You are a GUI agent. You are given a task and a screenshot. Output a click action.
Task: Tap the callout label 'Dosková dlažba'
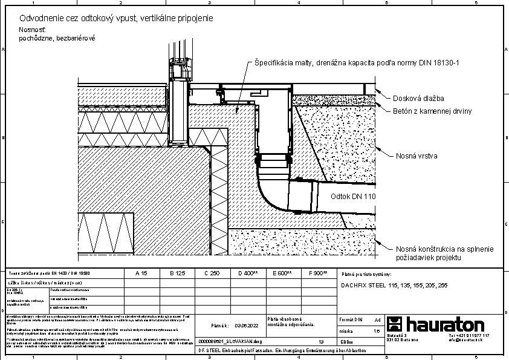click(418, 98)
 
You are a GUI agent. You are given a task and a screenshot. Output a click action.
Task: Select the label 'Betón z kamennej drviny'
click(432, 111)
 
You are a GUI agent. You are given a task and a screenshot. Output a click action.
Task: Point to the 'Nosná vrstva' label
click(417, 156)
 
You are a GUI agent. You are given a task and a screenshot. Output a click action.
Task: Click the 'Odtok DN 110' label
click(354, 197)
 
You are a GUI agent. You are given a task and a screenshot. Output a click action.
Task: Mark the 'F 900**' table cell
click(318, 273)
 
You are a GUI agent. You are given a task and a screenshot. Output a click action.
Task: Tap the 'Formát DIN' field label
click(351, 319)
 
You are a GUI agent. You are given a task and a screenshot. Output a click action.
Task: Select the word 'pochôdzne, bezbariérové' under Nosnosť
click(57, 38)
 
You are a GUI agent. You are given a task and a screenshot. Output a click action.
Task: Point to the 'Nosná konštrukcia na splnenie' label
click(444, 249)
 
